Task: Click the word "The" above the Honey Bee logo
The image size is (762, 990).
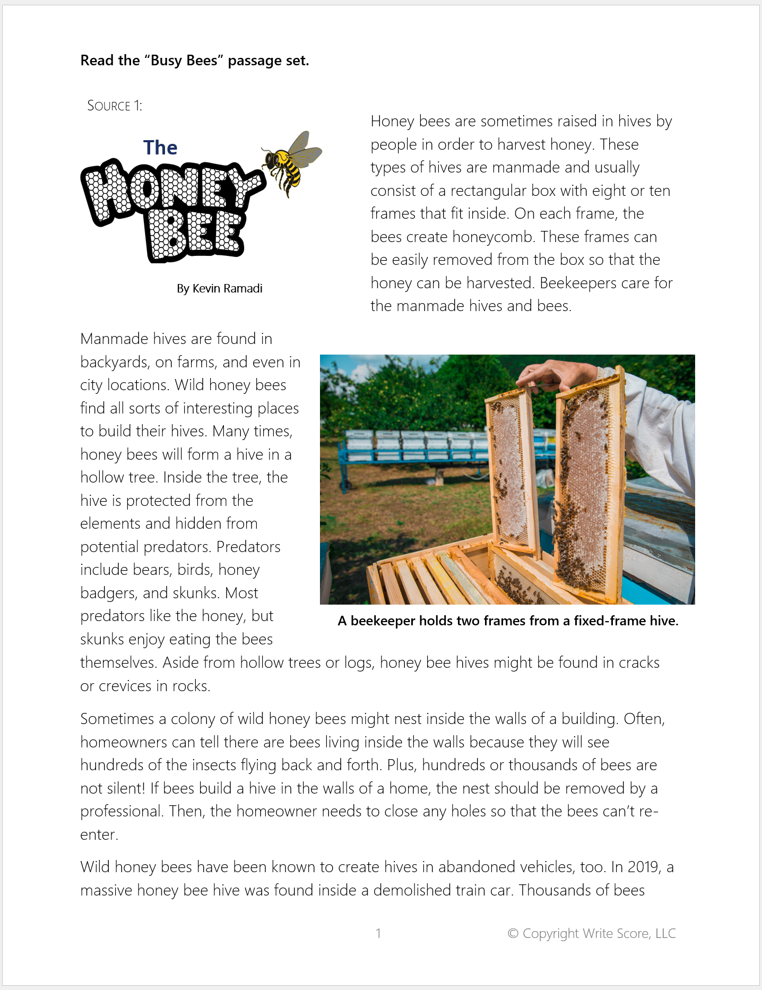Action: [x=160, y=148]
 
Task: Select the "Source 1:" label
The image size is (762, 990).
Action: [x=115, y=106]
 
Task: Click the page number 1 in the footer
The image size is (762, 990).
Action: [x=378, y=933]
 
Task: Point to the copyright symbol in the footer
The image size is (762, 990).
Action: [x=513, y=933]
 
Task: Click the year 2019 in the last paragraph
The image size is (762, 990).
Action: [x=644, y=867]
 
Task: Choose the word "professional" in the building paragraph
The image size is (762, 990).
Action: [x=122, y=811]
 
